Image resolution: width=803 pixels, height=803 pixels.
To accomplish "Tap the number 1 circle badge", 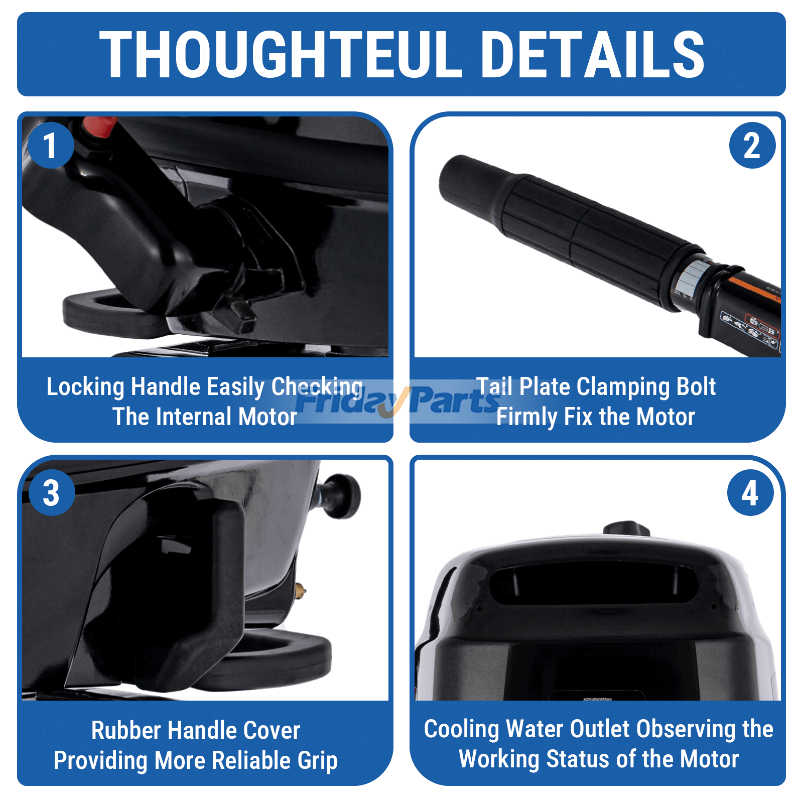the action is click(51, 146).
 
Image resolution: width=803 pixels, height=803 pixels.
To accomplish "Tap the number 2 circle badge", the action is click(752, 146).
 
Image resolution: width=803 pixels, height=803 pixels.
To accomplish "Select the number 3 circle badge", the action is click(52, 492).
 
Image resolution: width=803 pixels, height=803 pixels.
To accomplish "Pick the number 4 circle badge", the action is click(750, 492).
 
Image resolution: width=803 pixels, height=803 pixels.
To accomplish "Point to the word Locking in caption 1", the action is click(85, 387).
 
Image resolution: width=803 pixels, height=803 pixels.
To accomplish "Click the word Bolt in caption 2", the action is click(696, 387).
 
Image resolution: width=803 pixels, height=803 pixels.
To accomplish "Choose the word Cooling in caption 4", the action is click(462, 730).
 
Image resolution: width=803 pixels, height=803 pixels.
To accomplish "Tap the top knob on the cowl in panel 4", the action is click(626, 529).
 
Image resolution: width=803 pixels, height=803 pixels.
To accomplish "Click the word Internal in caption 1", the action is click(194, 417).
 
